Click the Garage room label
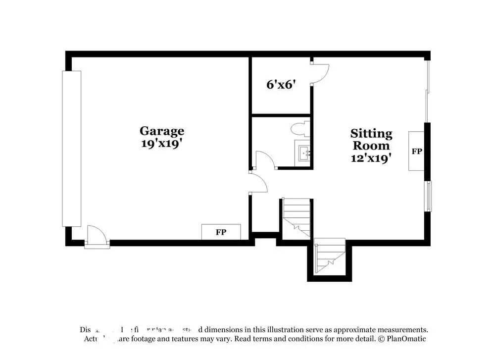tap(161, 131)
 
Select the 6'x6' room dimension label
tap(281, 85)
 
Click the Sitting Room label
tap(371, 139)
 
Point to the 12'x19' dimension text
tap(371, 158)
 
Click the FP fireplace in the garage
tap(221, 232)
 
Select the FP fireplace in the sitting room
tap(416, 151)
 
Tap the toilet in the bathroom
tap(301, 129)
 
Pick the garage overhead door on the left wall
tap(71, 149)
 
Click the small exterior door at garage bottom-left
tap(97, 236)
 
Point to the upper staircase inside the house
tap(297, 217)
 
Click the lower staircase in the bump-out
tap(330, 256)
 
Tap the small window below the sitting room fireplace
tap(429, 196)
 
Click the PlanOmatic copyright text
tap(401, 339)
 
